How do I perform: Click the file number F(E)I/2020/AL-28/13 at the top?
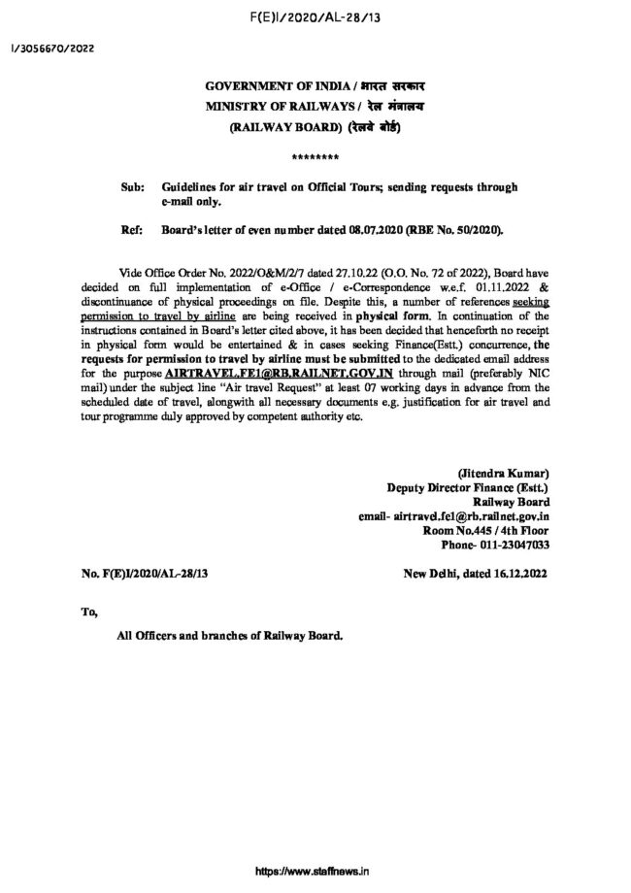click(x=315, y=17)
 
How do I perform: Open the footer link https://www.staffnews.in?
click(x=315, y=873)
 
